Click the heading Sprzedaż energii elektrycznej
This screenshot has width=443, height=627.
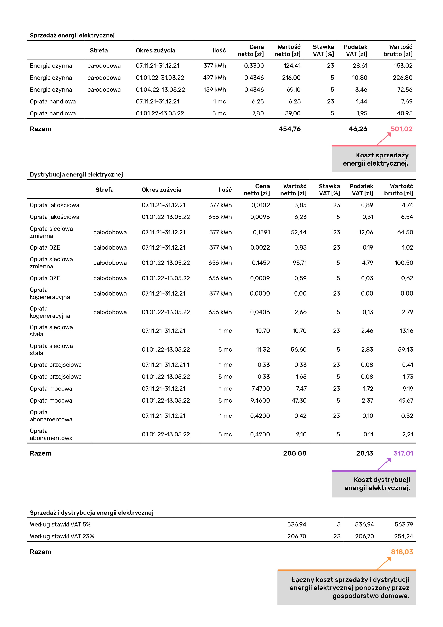point(72,35)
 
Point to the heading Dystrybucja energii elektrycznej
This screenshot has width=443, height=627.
point(76,174)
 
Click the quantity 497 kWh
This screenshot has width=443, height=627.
point(214,78)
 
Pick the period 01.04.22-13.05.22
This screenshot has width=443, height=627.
point(160,90)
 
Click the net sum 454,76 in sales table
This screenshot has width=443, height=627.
point(289,129)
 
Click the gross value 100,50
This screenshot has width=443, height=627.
point(403,263)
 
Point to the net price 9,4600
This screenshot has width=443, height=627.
point(260,400)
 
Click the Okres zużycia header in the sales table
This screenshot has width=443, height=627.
point(155,50)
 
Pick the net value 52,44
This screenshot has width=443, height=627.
point(298,232)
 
